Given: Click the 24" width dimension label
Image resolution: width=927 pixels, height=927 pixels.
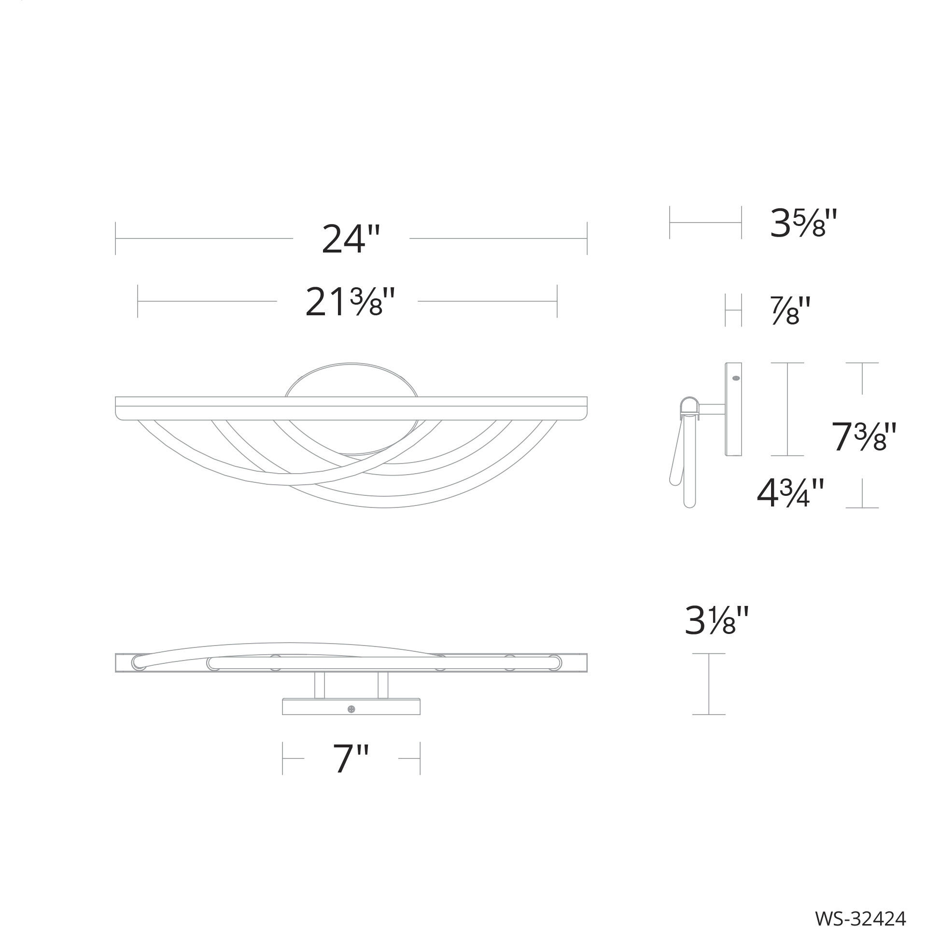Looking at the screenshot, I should tap(351, 239).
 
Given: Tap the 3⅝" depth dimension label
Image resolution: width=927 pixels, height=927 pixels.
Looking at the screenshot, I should tap(802, 224).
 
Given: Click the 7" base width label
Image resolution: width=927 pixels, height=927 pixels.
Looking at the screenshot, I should tap(351, 758).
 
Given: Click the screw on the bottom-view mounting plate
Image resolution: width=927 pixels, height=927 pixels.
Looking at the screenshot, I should tap(351, 709).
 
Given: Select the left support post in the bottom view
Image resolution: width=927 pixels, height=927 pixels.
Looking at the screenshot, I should tap(320, 686).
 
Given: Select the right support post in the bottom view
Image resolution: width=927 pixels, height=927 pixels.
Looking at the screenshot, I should tap(382, 686).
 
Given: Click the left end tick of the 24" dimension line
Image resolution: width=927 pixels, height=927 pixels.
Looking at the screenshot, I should tap(116, 238).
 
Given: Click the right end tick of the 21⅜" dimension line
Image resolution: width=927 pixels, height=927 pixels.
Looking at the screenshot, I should tap(557, 301).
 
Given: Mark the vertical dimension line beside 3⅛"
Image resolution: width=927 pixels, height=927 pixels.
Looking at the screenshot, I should tap(709, 684).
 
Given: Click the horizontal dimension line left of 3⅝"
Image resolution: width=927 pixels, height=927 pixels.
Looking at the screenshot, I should tap(705, 223).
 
